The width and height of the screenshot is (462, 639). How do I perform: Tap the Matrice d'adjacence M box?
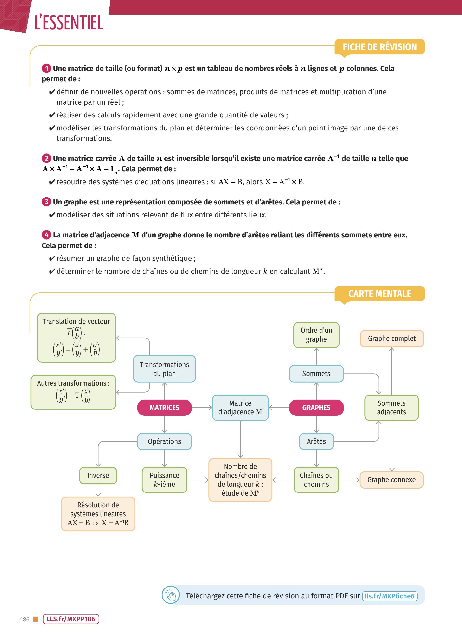(240, 407)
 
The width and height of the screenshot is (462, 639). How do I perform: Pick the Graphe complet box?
(392, 338)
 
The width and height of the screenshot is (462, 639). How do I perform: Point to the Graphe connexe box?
(391, 479)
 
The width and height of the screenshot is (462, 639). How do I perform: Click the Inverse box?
(98, 475)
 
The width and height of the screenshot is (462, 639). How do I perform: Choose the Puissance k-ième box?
(165, 479)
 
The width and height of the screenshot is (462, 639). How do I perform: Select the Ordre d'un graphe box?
(316, 335)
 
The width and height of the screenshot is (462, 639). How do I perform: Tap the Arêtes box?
(316, 441)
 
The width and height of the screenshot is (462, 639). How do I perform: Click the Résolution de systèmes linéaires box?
(98, 514)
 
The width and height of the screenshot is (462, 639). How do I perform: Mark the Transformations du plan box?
(165, 369)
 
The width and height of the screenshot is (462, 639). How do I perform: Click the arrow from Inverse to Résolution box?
(98, 490)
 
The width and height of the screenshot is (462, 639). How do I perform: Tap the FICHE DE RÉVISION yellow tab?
(380, 47)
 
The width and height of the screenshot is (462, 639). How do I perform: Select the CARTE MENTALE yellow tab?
(380, 294)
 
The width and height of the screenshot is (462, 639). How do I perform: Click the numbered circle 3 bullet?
(46, 202)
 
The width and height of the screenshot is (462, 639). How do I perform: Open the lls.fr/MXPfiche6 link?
(390, 596)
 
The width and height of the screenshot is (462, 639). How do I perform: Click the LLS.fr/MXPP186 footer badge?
(71, 619)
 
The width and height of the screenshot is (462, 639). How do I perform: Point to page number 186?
(25, 619)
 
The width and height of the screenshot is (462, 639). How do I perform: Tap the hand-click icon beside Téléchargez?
(170, 595)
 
